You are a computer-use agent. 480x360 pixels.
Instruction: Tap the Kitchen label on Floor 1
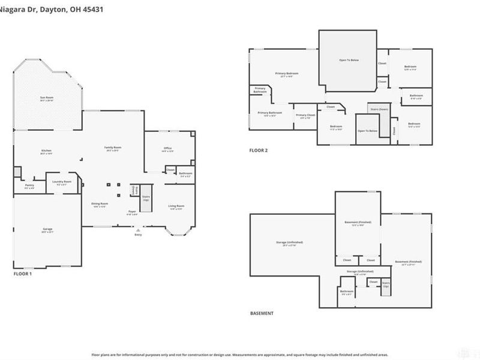tap(46, 151)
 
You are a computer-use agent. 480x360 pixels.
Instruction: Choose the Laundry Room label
tap(62, 182)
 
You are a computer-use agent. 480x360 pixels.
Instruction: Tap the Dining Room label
tap(100, 204)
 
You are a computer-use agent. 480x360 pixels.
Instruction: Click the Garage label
tap(47, 230)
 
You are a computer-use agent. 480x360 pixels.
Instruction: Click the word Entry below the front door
tap(139, 235)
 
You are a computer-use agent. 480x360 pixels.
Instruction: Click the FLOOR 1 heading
tap(23, 274)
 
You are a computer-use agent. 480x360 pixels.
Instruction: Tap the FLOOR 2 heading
tap(259, 151)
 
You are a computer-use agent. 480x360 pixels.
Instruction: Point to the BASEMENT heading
tap(262, 313)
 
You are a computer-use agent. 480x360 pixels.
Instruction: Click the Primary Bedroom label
tap(287, 74)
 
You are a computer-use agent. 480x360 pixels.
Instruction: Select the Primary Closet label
tap(305, 115)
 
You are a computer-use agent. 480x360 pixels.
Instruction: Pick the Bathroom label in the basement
tap(347, 292)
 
